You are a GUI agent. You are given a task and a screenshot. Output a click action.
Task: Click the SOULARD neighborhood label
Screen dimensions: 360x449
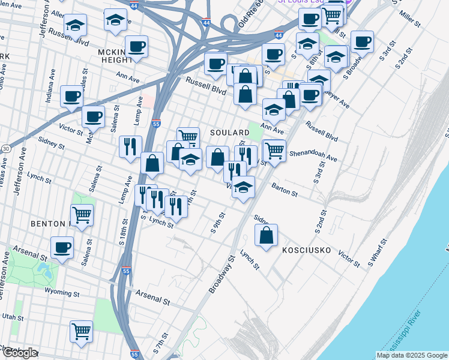click(x=229, y=132)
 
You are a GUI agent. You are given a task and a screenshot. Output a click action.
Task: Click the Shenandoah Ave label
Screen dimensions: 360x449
click(x=313, y=156)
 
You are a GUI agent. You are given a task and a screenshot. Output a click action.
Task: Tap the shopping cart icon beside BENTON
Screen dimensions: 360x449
click(x=82, y=214)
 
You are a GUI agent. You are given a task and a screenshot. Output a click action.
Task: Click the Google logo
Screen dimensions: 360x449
click(x=19, y=353)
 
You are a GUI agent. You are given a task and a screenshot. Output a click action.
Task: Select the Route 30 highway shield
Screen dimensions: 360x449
click(x=5, y=148)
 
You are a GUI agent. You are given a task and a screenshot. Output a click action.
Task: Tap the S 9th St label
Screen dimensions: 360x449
click(x=217, y=222)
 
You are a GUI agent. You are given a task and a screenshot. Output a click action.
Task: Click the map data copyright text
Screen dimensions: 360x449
click(x=412, y=355)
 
